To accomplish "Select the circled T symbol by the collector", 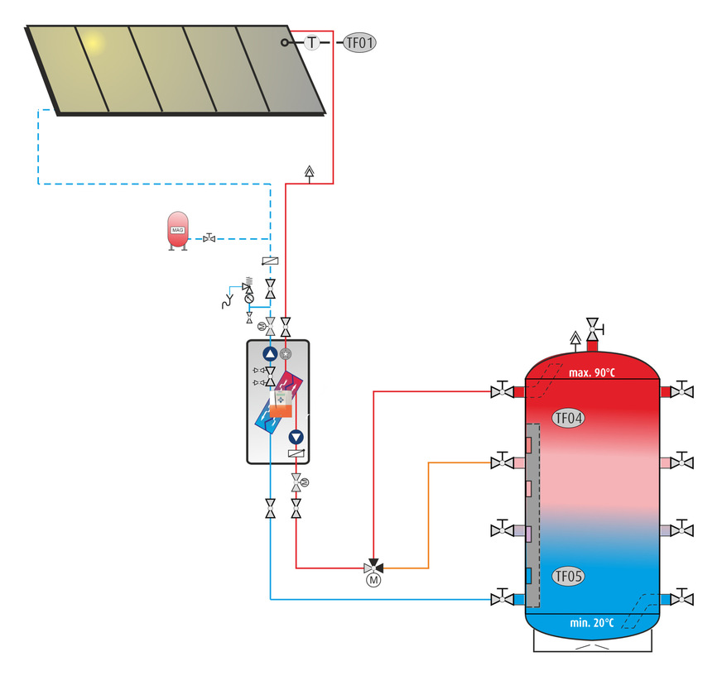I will [311, 41].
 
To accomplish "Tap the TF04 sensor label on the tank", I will [568, 419].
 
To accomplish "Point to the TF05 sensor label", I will [568, 577].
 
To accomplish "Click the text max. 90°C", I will [592, 372].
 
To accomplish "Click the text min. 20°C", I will [592, 622].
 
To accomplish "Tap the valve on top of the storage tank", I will [593, 327].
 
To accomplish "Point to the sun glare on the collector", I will [94, 41].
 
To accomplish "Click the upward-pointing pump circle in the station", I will [270, 354].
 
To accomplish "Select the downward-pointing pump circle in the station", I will [296, 438].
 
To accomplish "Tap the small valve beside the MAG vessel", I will [209, 238].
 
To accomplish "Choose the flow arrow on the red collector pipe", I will [309, 172].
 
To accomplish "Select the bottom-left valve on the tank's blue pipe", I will [501, 597].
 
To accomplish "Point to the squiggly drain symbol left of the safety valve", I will [224, 300].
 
